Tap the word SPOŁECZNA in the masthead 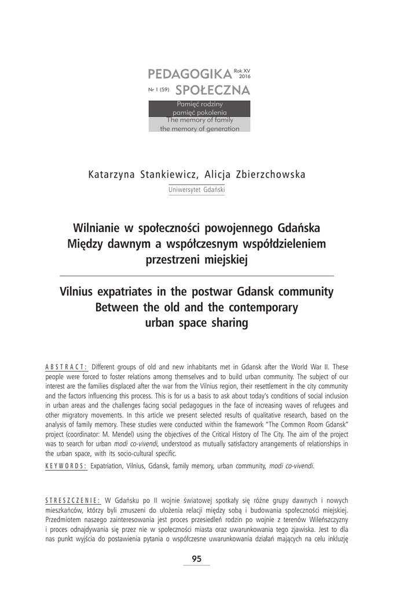pos(212,90)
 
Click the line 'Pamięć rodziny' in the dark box pos(199,103)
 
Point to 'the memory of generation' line pos(199,129)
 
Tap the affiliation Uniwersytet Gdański pos(196,190)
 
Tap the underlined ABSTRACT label pos(66,366)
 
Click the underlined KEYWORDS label pos(66,466)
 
